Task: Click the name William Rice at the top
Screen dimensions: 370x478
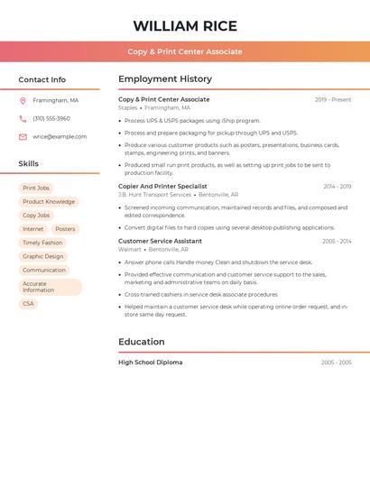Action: tap(185, 26)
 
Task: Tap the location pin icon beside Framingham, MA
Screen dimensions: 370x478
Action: tap(23, 100)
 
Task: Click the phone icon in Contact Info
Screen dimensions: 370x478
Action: tap(23, 118)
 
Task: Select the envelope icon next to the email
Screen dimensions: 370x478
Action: tap(23, 137)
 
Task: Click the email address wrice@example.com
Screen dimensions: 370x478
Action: tap(60, 137)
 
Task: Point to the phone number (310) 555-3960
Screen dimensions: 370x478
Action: tap(51, 118)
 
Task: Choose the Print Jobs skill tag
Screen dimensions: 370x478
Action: tap(36, 188)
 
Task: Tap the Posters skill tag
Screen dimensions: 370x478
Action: tap(65, 229)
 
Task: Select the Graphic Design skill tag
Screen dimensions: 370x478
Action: tap(43, 256)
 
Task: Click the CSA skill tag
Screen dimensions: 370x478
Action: tap(28, 304)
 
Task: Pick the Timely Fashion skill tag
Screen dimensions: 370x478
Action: tap(42, 243)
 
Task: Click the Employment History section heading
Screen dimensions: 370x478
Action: tap(165, 79)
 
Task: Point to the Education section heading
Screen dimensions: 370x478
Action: tap(142, 342)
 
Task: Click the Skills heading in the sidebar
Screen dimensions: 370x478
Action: tap(29, 164)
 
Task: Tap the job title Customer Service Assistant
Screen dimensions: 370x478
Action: tap(160, 241)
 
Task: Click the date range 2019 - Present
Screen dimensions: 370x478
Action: tap(333, 99)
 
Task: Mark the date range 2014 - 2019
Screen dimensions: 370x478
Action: tap(337, 186)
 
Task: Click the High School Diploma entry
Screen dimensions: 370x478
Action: tap(150, 363)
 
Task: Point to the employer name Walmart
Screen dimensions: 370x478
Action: tap(130, 249)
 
